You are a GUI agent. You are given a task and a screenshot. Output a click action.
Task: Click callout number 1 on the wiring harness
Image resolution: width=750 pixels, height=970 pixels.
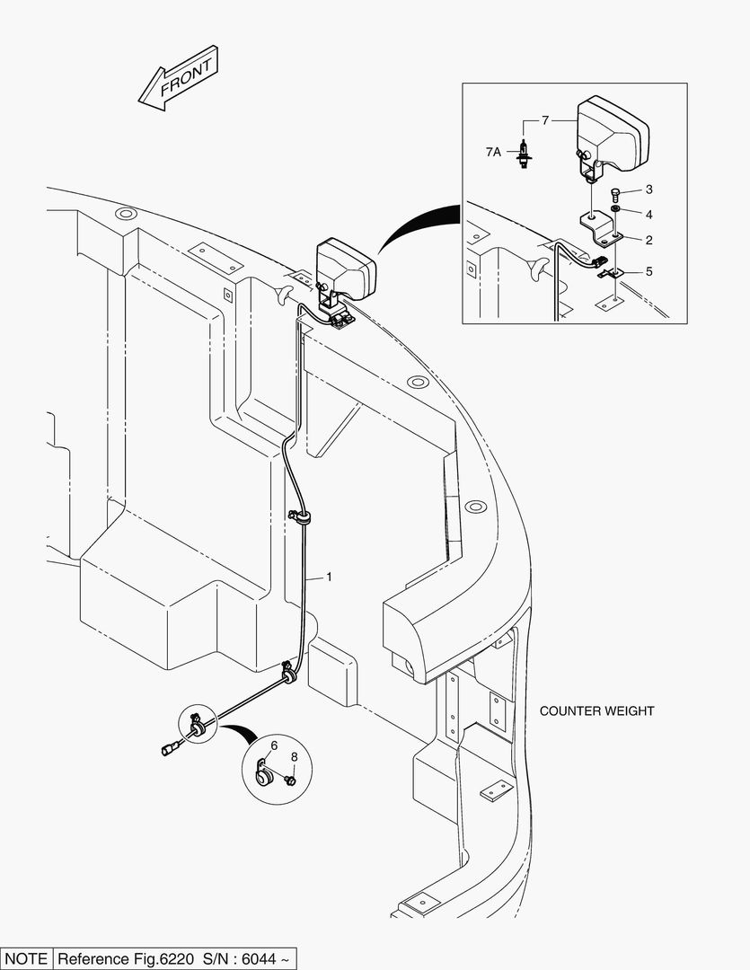click(329, 577)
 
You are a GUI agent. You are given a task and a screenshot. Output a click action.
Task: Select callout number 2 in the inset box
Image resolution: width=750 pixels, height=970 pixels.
click(648, 240)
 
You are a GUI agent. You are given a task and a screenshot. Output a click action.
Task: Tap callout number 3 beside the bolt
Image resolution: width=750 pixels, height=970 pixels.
click(648, 215)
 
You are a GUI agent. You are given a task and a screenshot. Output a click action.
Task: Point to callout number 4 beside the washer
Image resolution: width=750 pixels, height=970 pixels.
click(648, 270)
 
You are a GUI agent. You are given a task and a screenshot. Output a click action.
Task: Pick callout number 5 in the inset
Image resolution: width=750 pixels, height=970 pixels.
click(274, 745)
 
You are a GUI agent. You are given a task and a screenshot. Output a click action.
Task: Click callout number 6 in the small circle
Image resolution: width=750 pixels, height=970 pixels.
click(543, 119)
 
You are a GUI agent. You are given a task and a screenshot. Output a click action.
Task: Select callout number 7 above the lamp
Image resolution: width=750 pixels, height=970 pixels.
click(293, 745)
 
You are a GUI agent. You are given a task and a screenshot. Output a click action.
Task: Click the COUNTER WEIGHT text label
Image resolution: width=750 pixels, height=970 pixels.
click(596, 710)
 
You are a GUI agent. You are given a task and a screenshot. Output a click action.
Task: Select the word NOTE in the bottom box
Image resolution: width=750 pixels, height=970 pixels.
click(27, 958)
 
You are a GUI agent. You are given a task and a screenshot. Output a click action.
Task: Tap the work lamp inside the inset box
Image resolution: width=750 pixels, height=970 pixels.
click(611, 135)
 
